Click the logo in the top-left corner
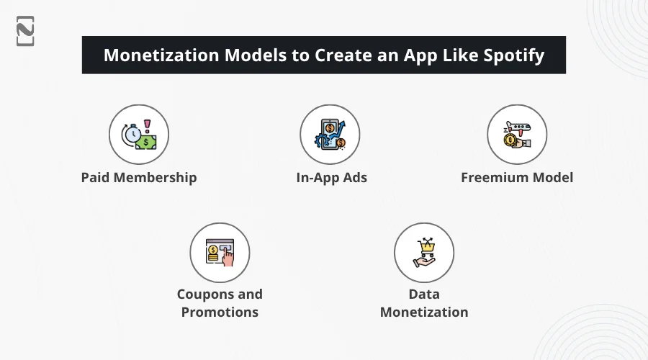click(25, 30)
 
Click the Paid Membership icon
click(139, 135)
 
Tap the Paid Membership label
click(139, 177)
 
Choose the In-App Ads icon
click(330, 135)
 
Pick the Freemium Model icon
click(517, 135)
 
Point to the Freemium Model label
click(517, 177)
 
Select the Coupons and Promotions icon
click(220, 252)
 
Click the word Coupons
click(206, 294)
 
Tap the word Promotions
click(220, 312)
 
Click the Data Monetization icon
click(424, 252)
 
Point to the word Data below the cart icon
click(424, 294)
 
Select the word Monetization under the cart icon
click(424, 312)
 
